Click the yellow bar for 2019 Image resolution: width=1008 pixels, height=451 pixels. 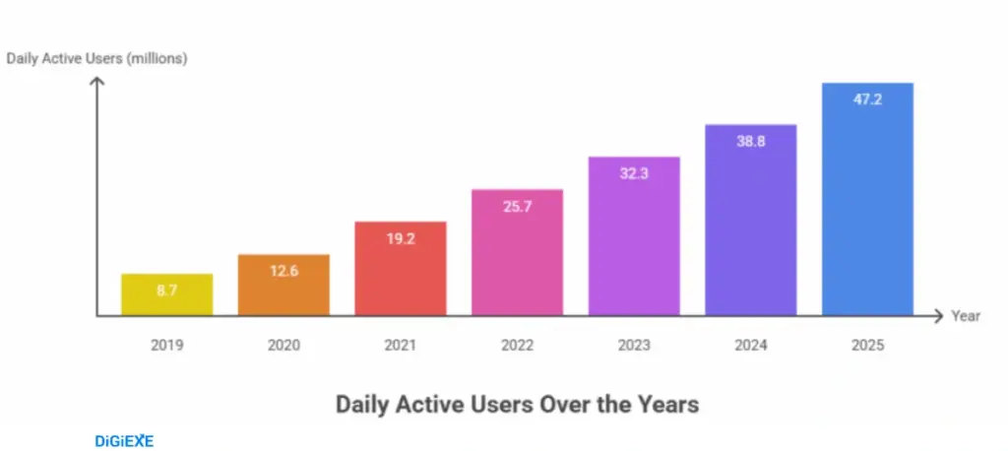166,294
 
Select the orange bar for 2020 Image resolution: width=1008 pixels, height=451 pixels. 283,286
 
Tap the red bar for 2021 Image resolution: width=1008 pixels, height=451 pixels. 401,269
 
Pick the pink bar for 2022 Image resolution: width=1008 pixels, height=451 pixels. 517,252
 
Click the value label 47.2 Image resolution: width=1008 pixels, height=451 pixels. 868,99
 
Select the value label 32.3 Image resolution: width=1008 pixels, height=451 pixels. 634,173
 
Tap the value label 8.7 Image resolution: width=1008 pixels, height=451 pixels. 166,290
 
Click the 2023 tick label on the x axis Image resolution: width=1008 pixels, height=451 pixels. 634,346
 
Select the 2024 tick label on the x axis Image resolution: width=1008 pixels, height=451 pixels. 751,346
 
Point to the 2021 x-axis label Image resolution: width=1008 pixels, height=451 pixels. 401,346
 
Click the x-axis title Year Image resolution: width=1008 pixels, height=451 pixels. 966,316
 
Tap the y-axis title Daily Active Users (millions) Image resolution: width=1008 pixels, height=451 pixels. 96,58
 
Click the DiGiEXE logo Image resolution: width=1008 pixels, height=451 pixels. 124,441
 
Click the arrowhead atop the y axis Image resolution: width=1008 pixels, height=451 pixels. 96,82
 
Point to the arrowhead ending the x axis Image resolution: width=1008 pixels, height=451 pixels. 937,316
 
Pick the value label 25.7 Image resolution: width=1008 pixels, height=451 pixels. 517,207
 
